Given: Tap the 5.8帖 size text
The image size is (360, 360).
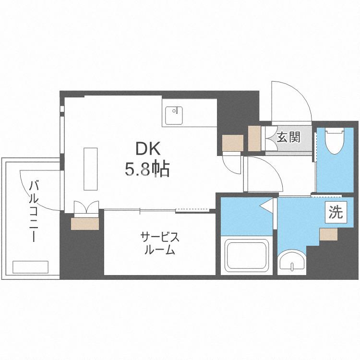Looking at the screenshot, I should tap(147, 169).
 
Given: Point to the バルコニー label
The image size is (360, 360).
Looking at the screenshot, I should tap(34, 211).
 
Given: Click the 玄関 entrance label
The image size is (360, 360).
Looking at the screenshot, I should tap(289, 137).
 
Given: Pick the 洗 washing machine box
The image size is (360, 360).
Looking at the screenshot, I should tap(336, 212).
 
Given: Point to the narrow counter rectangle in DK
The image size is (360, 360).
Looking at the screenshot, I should tap(91, 168).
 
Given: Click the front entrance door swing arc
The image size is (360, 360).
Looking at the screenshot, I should tap(291, 101).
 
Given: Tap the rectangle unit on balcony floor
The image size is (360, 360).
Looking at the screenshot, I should tap(31, 267).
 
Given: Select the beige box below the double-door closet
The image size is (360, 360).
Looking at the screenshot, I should tap(86, 224).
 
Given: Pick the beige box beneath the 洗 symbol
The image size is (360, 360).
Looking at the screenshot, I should tap(329, 234).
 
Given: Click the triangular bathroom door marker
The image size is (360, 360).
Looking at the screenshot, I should tap(266, 205).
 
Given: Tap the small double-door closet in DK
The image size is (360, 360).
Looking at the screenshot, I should tap(86, 208).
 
